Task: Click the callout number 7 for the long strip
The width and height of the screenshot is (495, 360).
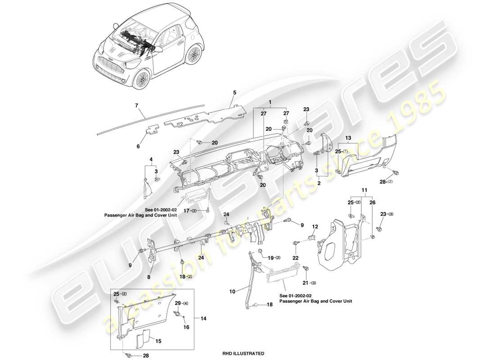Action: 136,106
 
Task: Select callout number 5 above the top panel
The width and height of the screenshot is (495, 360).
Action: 234,93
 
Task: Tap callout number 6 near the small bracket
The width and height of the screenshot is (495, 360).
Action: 138,146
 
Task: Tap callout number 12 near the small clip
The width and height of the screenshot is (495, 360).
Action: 315,226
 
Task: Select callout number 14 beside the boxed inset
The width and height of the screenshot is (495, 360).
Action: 204,318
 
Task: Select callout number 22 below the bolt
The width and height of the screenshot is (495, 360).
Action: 295,257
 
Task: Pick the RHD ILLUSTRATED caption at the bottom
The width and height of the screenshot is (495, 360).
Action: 243,354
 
